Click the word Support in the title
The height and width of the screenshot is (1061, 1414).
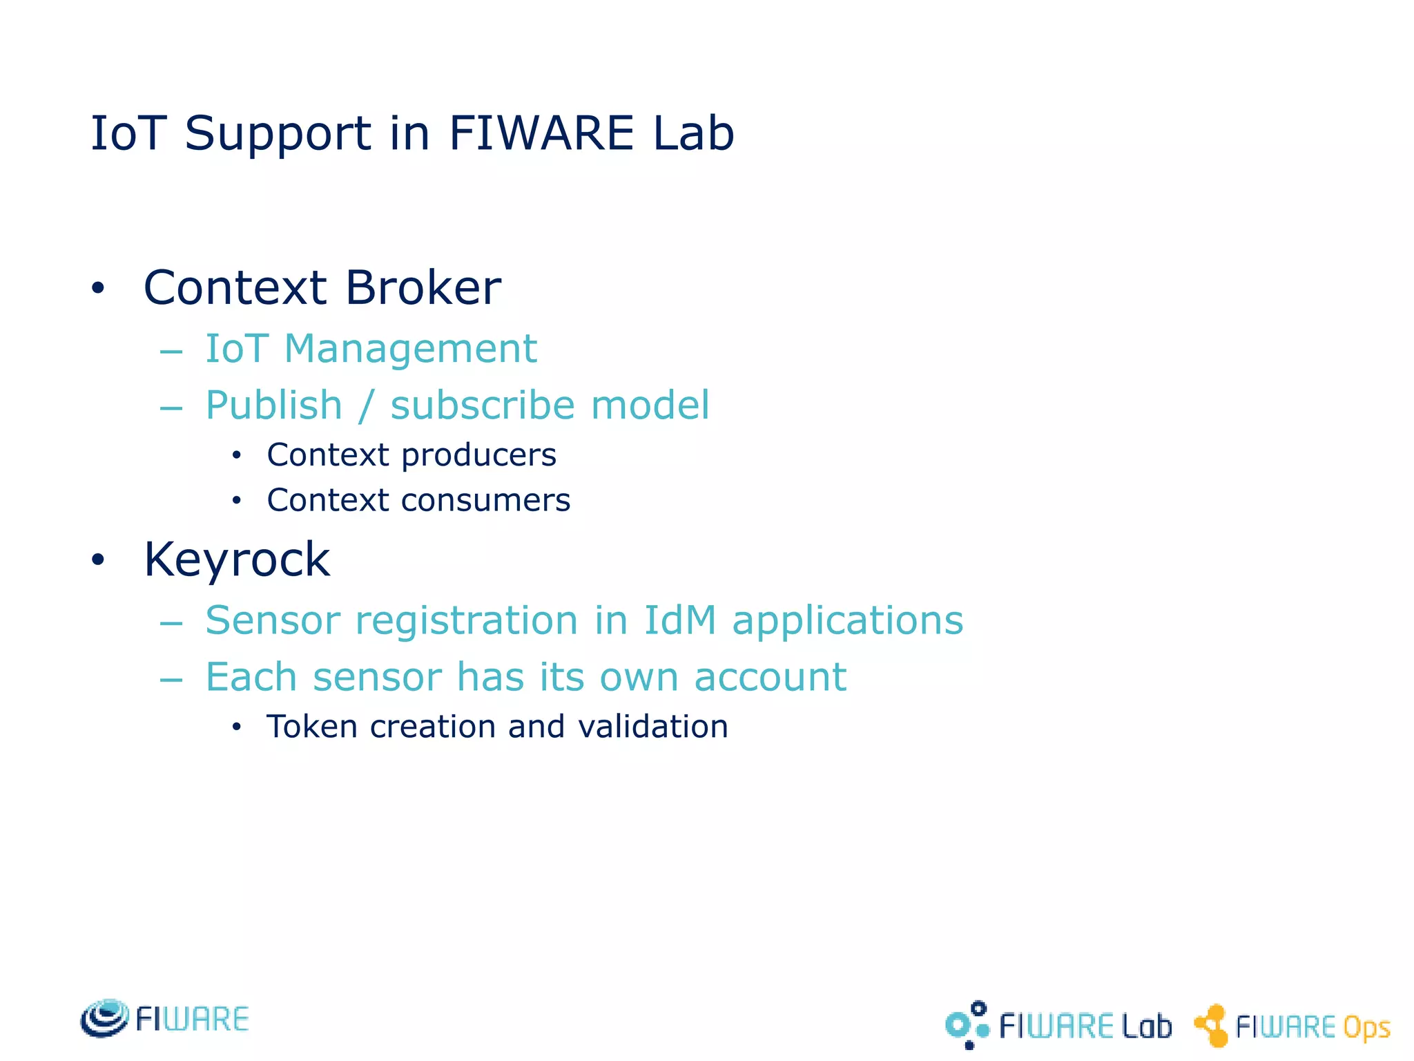(278, 134)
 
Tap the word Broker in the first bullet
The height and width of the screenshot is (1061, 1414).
(423, 287)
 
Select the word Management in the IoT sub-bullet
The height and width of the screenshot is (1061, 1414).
(410, 348)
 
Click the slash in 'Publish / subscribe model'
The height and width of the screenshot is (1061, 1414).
(367, 405)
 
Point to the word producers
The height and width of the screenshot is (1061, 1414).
(478, 455)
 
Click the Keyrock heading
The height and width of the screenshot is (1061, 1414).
(237, 560)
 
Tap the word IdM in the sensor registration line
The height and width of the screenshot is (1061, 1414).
(679, 620)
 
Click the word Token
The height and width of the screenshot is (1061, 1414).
(311, 727)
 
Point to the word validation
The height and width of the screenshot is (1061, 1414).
(652, 727)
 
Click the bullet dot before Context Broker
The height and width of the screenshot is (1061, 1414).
(98, 289)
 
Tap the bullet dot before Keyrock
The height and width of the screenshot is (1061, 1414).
(98, 560)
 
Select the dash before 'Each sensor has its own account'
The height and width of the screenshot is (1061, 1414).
(171, 680)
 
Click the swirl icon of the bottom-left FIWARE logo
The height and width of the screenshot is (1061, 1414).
(104, 1018)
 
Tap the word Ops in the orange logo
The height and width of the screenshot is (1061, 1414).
(1366, 1028)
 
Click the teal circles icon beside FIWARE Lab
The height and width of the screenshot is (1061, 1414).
(967, 1025)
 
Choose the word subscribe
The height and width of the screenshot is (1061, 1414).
(481, 405)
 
